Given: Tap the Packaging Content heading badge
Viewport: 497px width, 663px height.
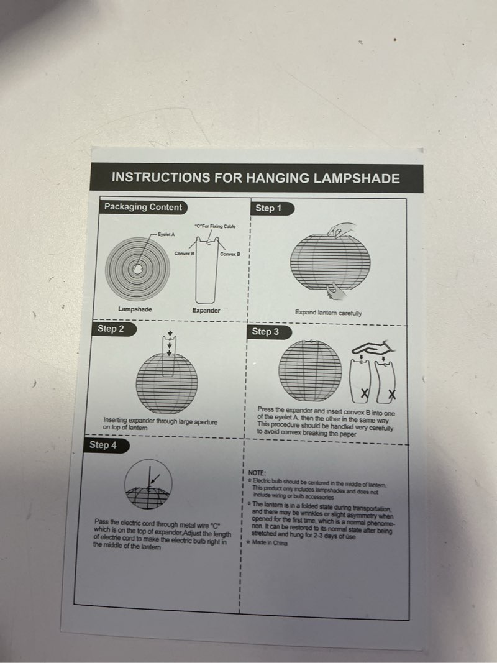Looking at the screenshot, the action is pos(144,207).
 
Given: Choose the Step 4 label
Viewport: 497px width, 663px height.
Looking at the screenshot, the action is pos(106,446).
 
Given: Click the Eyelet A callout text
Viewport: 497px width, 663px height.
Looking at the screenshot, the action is pos(166,234).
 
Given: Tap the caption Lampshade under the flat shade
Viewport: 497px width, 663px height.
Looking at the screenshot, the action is pos(135,309).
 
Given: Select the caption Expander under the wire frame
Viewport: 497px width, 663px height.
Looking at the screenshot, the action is pos(206,310).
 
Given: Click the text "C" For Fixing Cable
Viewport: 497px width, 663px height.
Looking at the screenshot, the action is pos(215,226).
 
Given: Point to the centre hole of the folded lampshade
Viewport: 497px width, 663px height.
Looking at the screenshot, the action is pos(137,269).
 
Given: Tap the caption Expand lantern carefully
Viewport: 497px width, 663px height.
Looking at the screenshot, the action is pos(329,313).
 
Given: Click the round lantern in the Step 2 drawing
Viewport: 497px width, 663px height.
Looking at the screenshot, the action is pos(166,383).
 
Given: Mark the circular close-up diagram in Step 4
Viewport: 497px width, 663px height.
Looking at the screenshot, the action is pos(148,484).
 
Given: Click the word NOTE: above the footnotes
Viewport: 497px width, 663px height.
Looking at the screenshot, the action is pos(257,473).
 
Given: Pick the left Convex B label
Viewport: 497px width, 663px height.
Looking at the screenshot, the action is pos(185,254).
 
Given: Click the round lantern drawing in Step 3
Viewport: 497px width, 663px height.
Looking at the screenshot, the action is pos(310,370).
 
